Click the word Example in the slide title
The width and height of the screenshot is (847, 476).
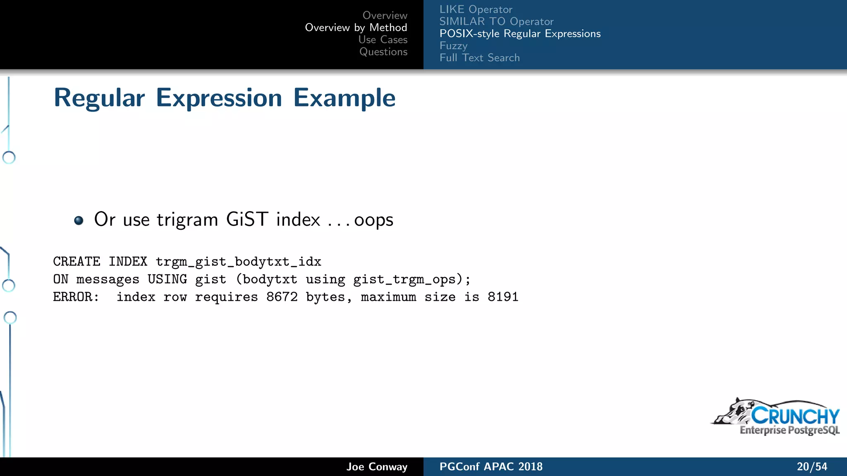(344, 98)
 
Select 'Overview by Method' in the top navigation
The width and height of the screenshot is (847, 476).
(356, 28)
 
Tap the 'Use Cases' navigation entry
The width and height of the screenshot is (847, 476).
(383, 40)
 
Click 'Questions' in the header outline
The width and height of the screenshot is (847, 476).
(383, 52)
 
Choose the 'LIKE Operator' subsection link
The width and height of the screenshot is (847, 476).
(476, 10)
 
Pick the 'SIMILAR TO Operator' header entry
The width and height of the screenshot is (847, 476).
(496, 21)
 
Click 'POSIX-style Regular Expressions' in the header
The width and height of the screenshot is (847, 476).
(520, 33)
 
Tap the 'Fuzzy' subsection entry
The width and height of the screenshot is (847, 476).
(453, 45)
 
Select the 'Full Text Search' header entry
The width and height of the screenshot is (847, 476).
(479, 58)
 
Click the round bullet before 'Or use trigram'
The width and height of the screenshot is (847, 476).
(79, 220)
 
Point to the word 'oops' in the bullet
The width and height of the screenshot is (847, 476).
(373, 220)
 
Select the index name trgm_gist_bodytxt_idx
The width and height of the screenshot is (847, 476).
(238, 262)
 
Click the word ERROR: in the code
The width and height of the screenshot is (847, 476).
(76, 297)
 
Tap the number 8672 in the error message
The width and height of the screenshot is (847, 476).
(282, 297)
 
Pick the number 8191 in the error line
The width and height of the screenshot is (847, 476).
(502, 297)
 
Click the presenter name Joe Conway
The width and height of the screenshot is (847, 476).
(377, 467)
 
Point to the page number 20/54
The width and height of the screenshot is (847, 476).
(812, 467)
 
